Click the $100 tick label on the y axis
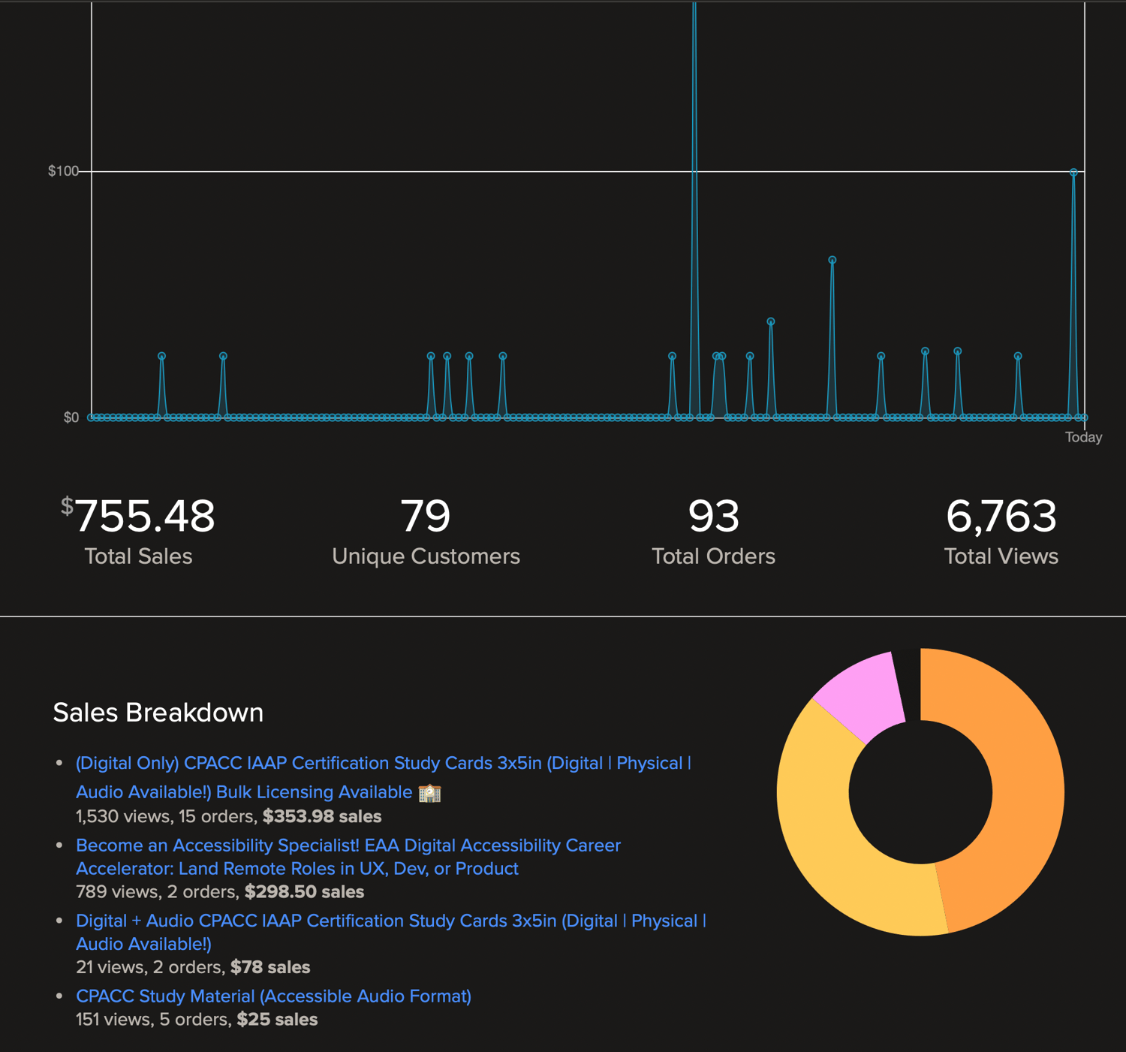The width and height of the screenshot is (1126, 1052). point(63,171)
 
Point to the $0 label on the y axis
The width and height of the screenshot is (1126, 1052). point(71,417)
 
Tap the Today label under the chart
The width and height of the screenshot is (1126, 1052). point(1083,437)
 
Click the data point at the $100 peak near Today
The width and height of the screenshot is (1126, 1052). point(1074,173)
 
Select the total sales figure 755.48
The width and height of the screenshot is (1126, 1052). point(144,516)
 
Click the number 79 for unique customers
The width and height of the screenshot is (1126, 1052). point(426,516)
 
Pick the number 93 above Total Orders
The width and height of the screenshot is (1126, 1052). point(713,516)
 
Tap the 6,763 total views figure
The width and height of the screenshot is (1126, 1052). point(1001,516)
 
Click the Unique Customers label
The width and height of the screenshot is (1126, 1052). point(426,556)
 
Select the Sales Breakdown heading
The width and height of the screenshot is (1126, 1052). point(158,713)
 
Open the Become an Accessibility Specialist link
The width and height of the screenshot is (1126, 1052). point(348,846)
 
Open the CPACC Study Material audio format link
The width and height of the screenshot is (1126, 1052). point(273,996)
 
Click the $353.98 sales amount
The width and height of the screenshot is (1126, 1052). point(322,816)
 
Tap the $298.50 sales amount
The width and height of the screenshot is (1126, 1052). point(304,892)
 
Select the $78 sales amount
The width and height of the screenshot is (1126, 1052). point(270,967)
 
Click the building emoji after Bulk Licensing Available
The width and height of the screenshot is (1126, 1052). point(430,793)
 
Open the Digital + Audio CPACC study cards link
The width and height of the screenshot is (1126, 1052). point(390,921)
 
